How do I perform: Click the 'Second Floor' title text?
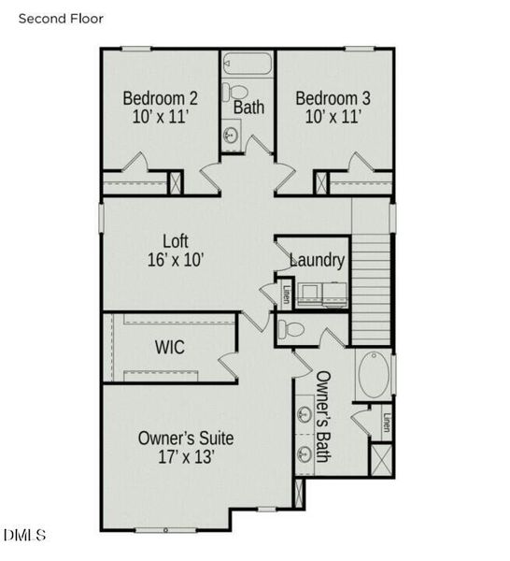pos(61,18)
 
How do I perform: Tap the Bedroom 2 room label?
pos(161,98)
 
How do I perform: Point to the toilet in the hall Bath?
pos(234,93)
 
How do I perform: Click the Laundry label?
pos(318,260)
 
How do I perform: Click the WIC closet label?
pos(169,348)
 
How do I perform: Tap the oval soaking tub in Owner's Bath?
pos(374,374)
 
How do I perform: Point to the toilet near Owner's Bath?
pos(291,329)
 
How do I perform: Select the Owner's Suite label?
pos(186,438)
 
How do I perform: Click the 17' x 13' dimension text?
pos(186,457)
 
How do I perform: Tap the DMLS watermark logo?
pos(24,535)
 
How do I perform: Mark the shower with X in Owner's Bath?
pos(381,459)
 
